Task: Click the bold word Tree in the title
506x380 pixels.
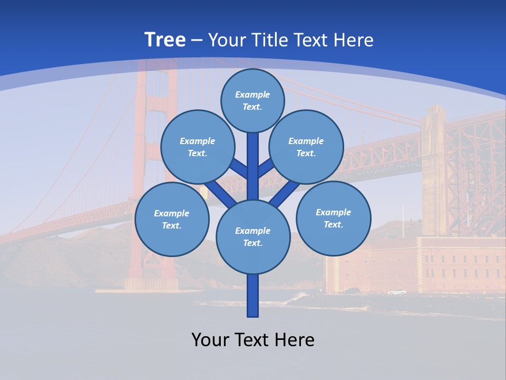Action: click(x=165, y=40)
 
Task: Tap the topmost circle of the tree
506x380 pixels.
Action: click(x=252, y=100)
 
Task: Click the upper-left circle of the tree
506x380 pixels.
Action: click(x=198, y=147)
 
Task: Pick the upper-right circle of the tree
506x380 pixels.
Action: click(x=306, y=147)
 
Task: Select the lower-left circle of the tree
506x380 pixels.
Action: click(x=172, y=219)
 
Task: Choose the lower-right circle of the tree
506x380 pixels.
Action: click(x=334, y=218)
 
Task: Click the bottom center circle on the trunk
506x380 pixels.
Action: click(x=253, y=237)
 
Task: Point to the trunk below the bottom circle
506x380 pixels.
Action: click(x=253, y=296)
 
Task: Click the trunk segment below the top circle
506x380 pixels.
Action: click(x=253, y=158)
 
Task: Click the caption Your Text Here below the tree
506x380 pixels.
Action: click(x=253, y=339)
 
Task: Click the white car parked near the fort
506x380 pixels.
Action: click(x=397, y=292)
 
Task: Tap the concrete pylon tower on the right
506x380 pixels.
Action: click(x=434, y=169)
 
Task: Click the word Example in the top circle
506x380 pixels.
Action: click(x=252, y=94)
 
